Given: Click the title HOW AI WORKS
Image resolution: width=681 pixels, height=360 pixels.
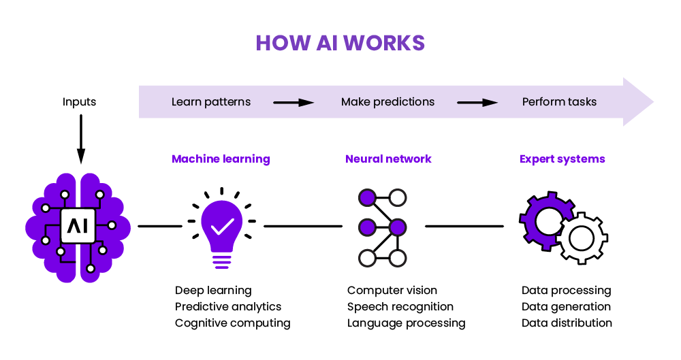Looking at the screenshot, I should [x=340, y=43].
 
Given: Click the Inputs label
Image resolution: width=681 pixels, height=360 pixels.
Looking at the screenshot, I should [x=80, y=102].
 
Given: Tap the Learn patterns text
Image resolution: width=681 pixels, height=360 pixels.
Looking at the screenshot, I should [x=211, y=102].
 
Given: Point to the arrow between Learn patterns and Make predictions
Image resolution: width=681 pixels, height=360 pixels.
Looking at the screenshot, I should [x=294, y=103].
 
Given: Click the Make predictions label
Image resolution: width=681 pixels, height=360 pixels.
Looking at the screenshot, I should [x=387, y=102].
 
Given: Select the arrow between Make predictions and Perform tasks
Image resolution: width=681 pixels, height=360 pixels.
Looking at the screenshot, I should [x=477, y=103].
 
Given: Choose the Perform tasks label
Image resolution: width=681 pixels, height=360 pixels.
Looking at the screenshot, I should [x=559, y=102].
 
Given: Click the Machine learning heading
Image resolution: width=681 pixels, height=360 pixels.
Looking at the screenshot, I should [x=221, y=159].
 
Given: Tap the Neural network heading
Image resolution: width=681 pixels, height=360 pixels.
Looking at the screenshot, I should [x=388, y=159].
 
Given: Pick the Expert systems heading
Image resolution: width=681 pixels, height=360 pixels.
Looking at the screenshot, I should [x=562, y=159].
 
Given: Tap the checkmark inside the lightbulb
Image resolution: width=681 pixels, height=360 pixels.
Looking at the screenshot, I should [x=222, y=225].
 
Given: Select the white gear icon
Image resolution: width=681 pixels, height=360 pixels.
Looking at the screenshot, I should [x=582, y=238].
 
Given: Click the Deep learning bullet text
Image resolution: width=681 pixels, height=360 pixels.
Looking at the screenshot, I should [x=213, y=291].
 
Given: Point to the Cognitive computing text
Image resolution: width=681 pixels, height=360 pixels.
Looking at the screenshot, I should [x=232, y=323].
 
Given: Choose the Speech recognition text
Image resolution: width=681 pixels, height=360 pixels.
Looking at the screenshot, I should [x=400, y=307].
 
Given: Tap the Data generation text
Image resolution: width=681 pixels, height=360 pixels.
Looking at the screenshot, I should [x=566, y=307].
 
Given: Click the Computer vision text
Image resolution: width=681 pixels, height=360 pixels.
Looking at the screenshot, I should [x=392, y=291].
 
